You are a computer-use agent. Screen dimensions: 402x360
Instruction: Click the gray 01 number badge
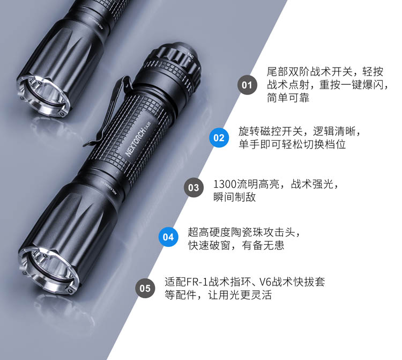[x=247, y=85]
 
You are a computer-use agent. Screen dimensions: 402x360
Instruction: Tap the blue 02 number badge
[x=219, y=138]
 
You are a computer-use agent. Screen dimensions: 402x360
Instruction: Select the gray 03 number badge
[x=193, y=188]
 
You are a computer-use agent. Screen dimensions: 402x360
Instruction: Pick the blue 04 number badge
[x=168, y=237]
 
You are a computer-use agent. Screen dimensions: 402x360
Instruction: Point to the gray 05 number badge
[x=145, y=288]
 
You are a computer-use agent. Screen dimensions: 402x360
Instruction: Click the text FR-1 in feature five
[x=197, y=282]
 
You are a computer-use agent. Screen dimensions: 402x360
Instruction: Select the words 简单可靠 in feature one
[x=288, y=98]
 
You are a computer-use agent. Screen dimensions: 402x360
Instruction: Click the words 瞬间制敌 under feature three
[x=235, y=197]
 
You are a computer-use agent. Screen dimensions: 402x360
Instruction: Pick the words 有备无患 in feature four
[x=263, y=245]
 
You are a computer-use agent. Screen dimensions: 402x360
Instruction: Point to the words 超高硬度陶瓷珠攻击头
[x=241, y=232]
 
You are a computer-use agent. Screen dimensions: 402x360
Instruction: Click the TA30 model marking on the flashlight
[x=147, y=124]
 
